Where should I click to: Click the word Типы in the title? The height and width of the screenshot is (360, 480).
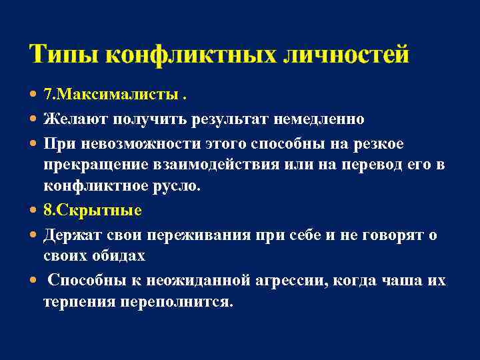[x=63, y=53]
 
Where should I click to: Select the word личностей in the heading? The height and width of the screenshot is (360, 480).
[x=346, y=53]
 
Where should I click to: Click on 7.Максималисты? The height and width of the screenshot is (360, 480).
[x=110, y=96]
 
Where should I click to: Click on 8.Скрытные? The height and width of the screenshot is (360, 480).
[x=93, y=211]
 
